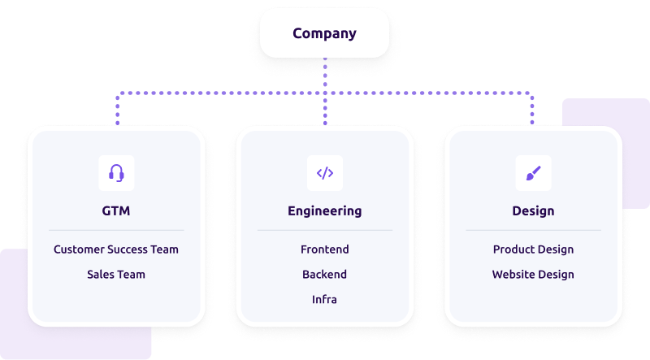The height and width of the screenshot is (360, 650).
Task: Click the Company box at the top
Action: (324, 33)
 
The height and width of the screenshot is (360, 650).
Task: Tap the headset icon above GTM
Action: (116, 172)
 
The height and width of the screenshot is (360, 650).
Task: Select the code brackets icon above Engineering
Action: (325, 172)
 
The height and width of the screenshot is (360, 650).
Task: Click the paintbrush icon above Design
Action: (533, 172)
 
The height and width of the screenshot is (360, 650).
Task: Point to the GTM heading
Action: (116, 211)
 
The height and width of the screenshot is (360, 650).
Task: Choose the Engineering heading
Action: (325, 211)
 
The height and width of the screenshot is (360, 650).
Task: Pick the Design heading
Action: (533, 211)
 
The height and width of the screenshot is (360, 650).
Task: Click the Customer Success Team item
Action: (116, 249)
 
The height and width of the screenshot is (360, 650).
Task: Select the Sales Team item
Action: (116, 275)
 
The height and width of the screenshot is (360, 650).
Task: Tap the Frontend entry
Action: (325, 249)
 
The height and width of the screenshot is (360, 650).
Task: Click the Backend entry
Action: (325, 275)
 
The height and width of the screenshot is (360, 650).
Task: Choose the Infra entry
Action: (325, 300)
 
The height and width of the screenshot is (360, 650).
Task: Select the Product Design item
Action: (533, 249)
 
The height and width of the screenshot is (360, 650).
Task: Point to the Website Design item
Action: (533, 275)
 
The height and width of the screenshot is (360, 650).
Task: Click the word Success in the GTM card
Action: (130, 249)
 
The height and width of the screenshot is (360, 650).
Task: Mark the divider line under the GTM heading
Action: (116, 231)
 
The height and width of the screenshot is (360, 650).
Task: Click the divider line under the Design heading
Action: (533, 231)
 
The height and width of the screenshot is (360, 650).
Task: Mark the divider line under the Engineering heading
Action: (325, 231)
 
